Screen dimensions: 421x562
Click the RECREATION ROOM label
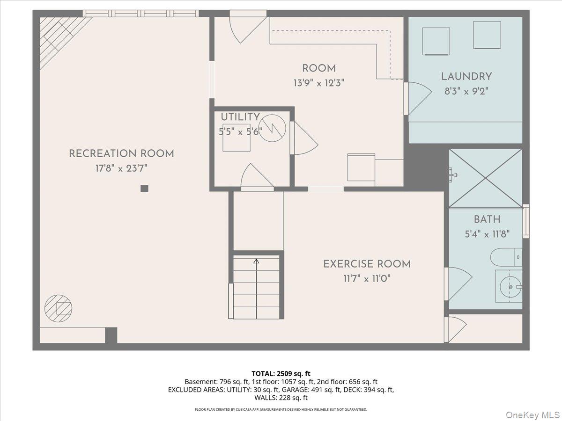click(x=121, y=153)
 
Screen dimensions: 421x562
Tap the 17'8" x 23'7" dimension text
click(x=121, y=168)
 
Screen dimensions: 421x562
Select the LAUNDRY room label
click(x=466, y=76)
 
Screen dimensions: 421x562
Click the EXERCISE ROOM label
click(x=367, y=264)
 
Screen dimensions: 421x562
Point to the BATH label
click(x=487, y=219)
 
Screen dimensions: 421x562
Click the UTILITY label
click(x=240, y=117)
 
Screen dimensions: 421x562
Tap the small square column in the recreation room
click(x=144, y=189)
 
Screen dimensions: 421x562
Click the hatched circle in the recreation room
click(x=59, y=308)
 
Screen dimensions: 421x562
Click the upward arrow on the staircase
click(x=256, y=261)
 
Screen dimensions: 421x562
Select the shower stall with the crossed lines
click(x=485, y=178)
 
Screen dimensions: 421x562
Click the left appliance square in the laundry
click(x=436, y=41)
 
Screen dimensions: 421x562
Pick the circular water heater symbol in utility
click(x=272, y=128)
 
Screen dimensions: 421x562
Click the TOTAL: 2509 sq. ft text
click(x=281, y=373)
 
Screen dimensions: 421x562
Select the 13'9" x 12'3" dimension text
click(x=319, y=83)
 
